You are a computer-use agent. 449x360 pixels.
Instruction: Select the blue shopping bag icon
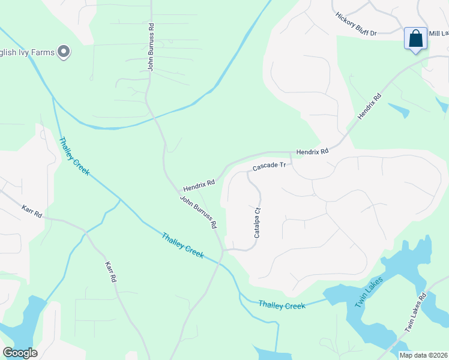tap(415, 39)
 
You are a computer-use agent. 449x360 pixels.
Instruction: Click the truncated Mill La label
tap(438, 34)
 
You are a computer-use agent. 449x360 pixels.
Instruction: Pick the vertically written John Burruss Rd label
tap(152, 47)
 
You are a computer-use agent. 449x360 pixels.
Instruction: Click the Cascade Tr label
tap(268, 167)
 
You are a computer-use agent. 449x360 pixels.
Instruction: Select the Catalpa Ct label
tap(258, 223)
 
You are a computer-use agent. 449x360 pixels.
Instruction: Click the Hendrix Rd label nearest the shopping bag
tap(369, 106)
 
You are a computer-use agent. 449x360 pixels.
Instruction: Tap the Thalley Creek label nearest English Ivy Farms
tap(74, 157)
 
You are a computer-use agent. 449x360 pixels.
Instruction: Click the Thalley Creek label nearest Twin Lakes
tap(282, 305)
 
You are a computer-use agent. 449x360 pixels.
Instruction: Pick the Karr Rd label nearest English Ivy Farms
tap(32, 211)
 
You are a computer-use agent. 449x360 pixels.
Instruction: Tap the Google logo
tap(20, 352)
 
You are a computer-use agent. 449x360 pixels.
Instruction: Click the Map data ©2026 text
tap(423, 355)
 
